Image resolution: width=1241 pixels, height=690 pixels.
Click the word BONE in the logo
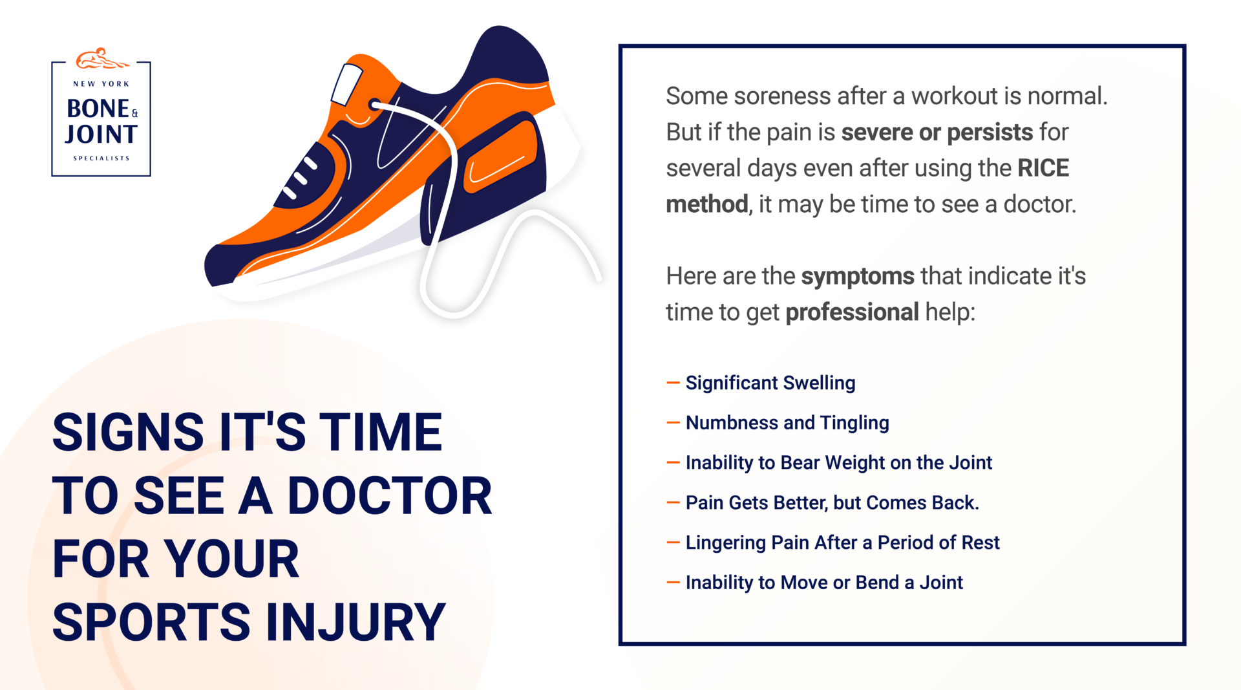tap(98, 109)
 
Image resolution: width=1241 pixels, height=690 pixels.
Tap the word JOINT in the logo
tap(101, 135)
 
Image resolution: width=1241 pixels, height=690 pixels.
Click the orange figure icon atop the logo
tap(101, 59)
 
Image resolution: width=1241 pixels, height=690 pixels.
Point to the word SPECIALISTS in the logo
tap(101, 158)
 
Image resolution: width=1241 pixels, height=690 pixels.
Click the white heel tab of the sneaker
tap(346, 84)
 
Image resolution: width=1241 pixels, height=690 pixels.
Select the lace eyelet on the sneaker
tap(374, 104)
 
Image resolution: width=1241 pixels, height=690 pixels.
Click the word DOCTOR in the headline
tap(390, 496)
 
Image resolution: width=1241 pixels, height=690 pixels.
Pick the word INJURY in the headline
tap(355, 622)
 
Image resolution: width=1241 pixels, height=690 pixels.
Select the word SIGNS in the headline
tap(128, 433)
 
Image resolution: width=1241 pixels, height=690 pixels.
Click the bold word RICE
tap(1043, 168)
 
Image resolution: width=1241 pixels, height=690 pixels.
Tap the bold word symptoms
tap(858, 276)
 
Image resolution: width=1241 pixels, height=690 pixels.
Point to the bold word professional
tap(852, 312)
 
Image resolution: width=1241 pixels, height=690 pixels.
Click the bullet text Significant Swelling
tap(770, 383)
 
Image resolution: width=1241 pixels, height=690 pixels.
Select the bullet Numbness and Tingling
tap(787, 423)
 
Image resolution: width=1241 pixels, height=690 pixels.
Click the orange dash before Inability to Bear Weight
tap(673, 462)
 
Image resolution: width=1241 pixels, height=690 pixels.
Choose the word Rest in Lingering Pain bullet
tap(980, 543)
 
